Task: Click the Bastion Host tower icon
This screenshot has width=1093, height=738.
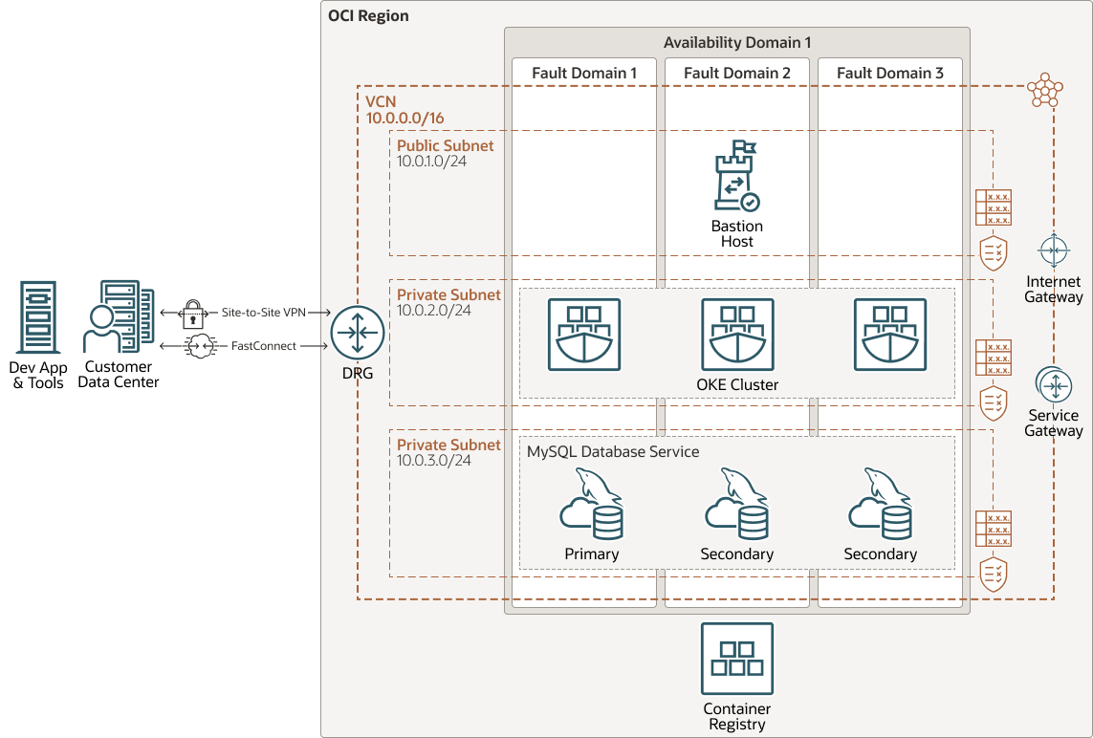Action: (736, 176)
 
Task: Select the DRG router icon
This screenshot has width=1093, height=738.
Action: (357, 334)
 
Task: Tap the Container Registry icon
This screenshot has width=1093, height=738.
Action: (736, 660)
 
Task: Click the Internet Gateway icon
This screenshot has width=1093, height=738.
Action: (1054, 250)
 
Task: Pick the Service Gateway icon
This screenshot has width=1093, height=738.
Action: (1054, 385)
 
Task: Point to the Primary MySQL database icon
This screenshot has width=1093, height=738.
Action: (591, 507)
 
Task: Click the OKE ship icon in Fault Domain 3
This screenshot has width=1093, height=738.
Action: (889, 334)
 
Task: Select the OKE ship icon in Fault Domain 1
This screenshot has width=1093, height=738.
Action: (583, 334)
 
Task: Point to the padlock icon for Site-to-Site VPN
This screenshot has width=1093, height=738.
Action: (194, 313)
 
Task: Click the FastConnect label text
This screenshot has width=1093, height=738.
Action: (263, 346)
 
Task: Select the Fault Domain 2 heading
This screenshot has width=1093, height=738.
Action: (736, 73)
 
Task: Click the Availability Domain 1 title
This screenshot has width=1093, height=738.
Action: (736, 43)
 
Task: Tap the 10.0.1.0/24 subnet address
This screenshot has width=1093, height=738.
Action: (431, 161)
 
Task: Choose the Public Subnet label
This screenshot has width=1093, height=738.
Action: (446, 145)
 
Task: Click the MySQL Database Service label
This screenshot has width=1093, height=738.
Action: (613, 451)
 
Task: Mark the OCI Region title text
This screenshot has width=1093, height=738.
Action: (368, 16)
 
